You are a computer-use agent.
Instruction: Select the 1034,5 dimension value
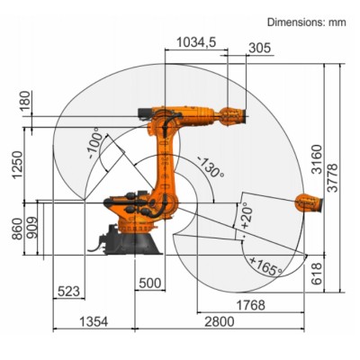[x=195, y=42]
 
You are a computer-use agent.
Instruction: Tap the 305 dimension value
[x=258, y=48]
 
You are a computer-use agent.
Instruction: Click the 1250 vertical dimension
[x=15, y=164]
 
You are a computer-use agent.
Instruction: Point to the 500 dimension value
[x=150, y=283]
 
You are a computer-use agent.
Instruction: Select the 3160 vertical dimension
[x=315, y=158]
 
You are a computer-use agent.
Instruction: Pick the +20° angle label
[x=246, y=214]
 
